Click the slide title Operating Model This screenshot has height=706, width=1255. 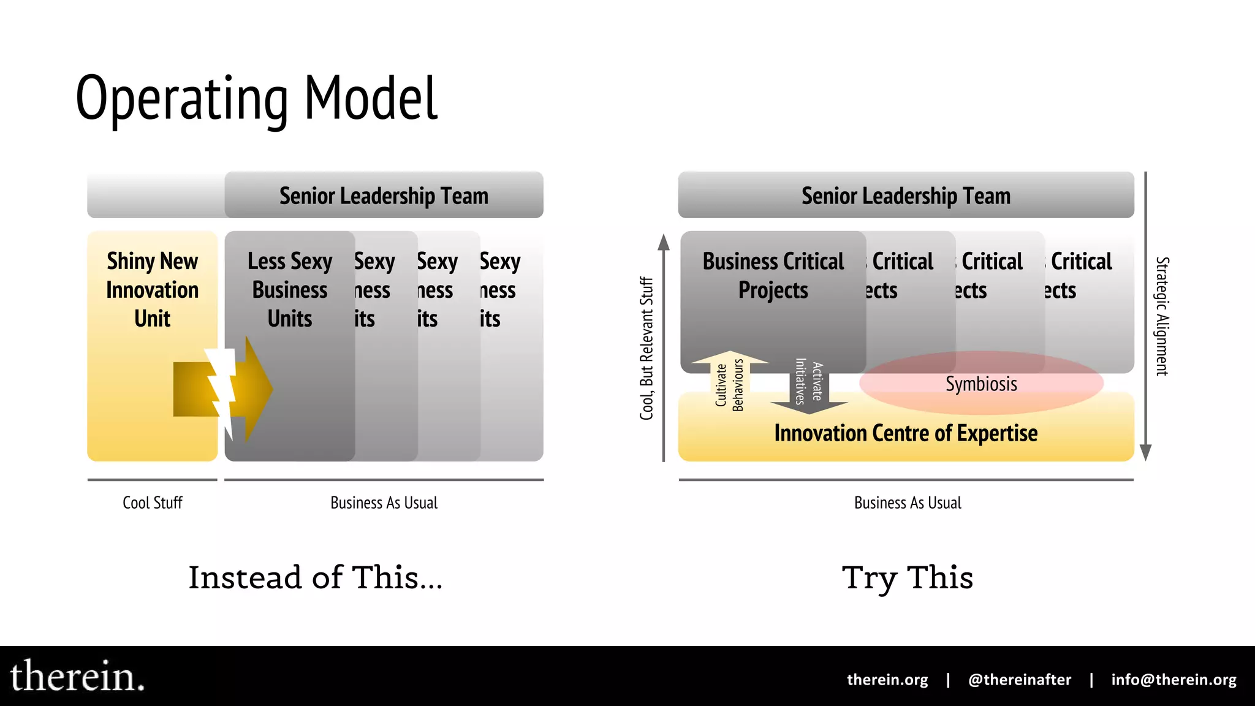tap(256, 98)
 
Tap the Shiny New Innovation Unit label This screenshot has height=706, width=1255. tap(152, 289)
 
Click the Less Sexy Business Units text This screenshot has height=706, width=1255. tap(289, 289)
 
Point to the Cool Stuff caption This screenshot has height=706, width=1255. tap(152, 503)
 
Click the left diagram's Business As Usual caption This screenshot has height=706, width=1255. tap(384, 503)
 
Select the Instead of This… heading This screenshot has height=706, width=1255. tap(315, 577)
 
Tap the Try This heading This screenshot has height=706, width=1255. tap(907, 577)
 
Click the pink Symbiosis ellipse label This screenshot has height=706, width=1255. tap(980, 384)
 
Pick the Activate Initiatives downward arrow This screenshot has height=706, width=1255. tap(808, 383)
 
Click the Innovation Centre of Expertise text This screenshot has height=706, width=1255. tap(906, 433)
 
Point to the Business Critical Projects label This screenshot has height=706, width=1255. tap(773, 275)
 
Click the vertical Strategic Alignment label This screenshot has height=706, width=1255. tap(1162, 316)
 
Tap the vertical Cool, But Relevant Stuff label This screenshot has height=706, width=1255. tap(646, 348)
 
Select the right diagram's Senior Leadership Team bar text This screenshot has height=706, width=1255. tap(906, 196)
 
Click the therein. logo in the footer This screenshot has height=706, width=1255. tap(77, 677)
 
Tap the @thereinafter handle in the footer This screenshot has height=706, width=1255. tap(1019, 680)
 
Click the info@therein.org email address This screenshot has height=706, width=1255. tap(1173, 680)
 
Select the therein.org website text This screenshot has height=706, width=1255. tap(887, 680)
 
